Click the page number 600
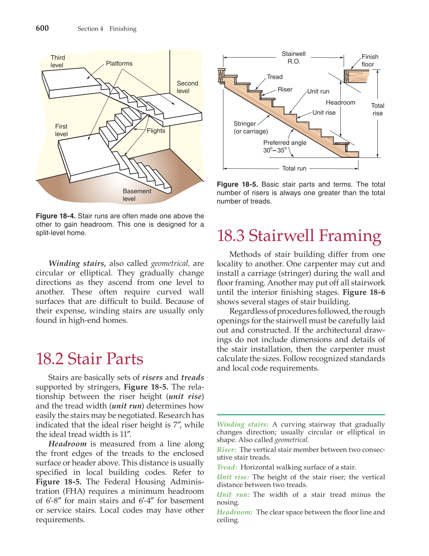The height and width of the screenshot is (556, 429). coord(42,28)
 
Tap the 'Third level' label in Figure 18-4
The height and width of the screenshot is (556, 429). coord(58,61)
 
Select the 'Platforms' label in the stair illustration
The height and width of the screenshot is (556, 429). coord(119,64)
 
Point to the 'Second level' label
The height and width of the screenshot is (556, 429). coord(187,87)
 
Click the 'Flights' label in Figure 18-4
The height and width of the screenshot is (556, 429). coord(156,131)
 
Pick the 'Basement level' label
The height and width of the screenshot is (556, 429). coord(137,195)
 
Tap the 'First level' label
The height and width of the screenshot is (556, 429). coord(61,130)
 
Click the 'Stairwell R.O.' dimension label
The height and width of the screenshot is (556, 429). coord(294,58)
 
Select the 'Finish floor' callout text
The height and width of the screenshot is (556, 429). coord(370,61)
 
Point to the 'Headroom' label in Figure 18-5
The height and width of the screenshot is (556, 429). coord(340,103)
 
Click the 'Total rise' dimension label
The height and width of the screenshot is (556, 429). coord(377,110)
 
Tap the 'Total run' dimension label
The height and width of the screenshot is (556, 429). coord(294,168)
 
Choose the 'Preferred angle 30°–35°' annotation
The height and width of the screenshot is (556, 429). coord(285,146)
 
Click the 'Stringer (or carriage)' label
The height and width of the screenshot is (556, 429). coord(250,127)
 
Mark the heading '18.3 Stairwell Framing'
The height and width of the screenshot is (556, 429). coord(299,236)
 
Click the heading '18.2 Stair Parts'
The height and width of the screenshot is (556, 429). coord(89,359)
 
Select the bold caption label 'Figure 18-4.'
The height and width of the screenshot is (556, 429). coord(56,216)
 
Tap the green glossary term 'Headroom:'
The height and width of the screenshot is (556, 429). coord(235,512)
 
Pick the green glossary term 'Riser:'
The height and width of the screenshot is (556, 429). coord(226,450)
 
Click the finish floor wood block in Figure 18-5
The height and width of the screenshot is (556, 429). coord(357,77)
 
